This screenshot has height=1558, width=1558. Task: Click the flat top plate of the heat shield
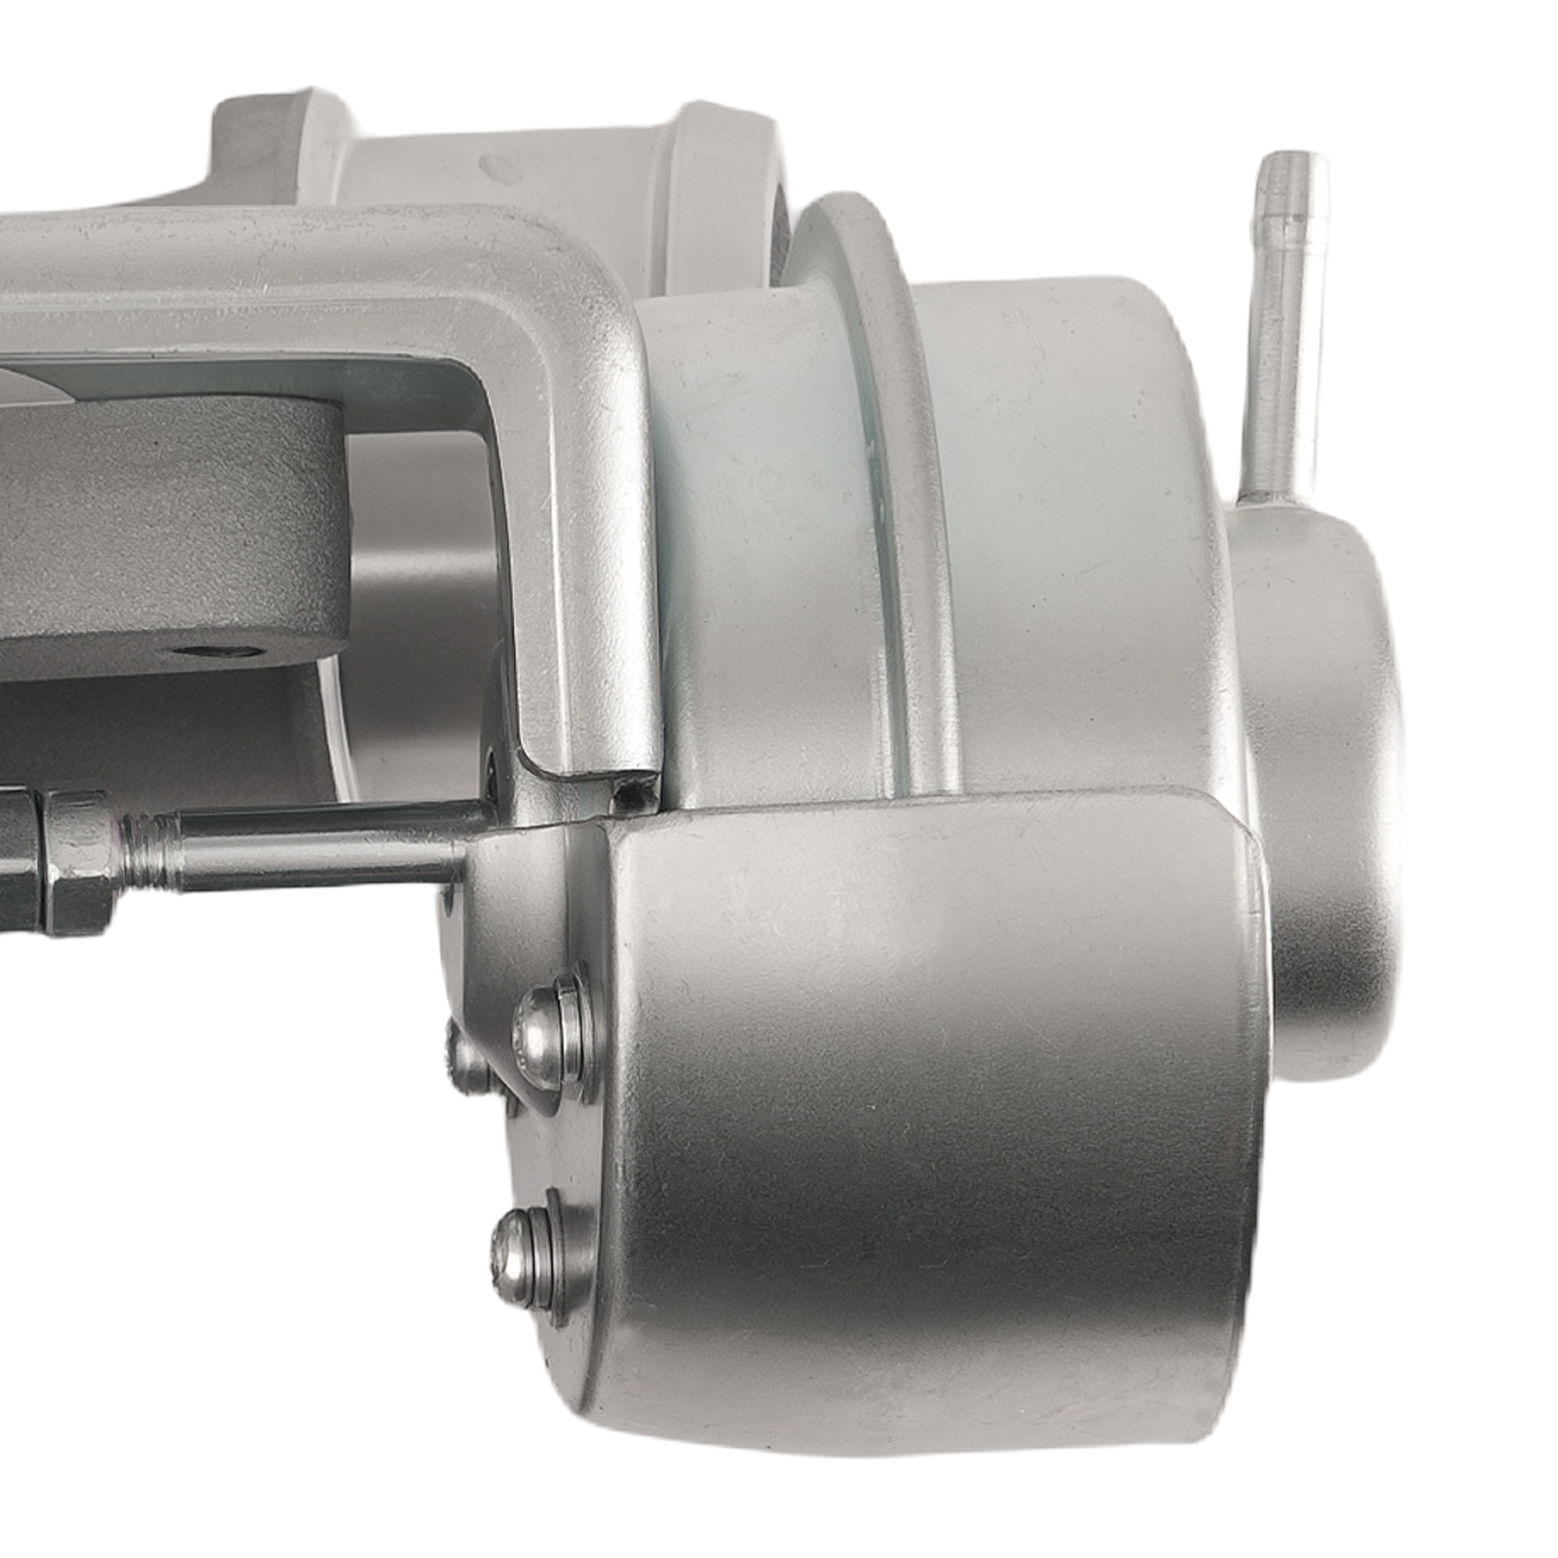click(925, 818)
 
